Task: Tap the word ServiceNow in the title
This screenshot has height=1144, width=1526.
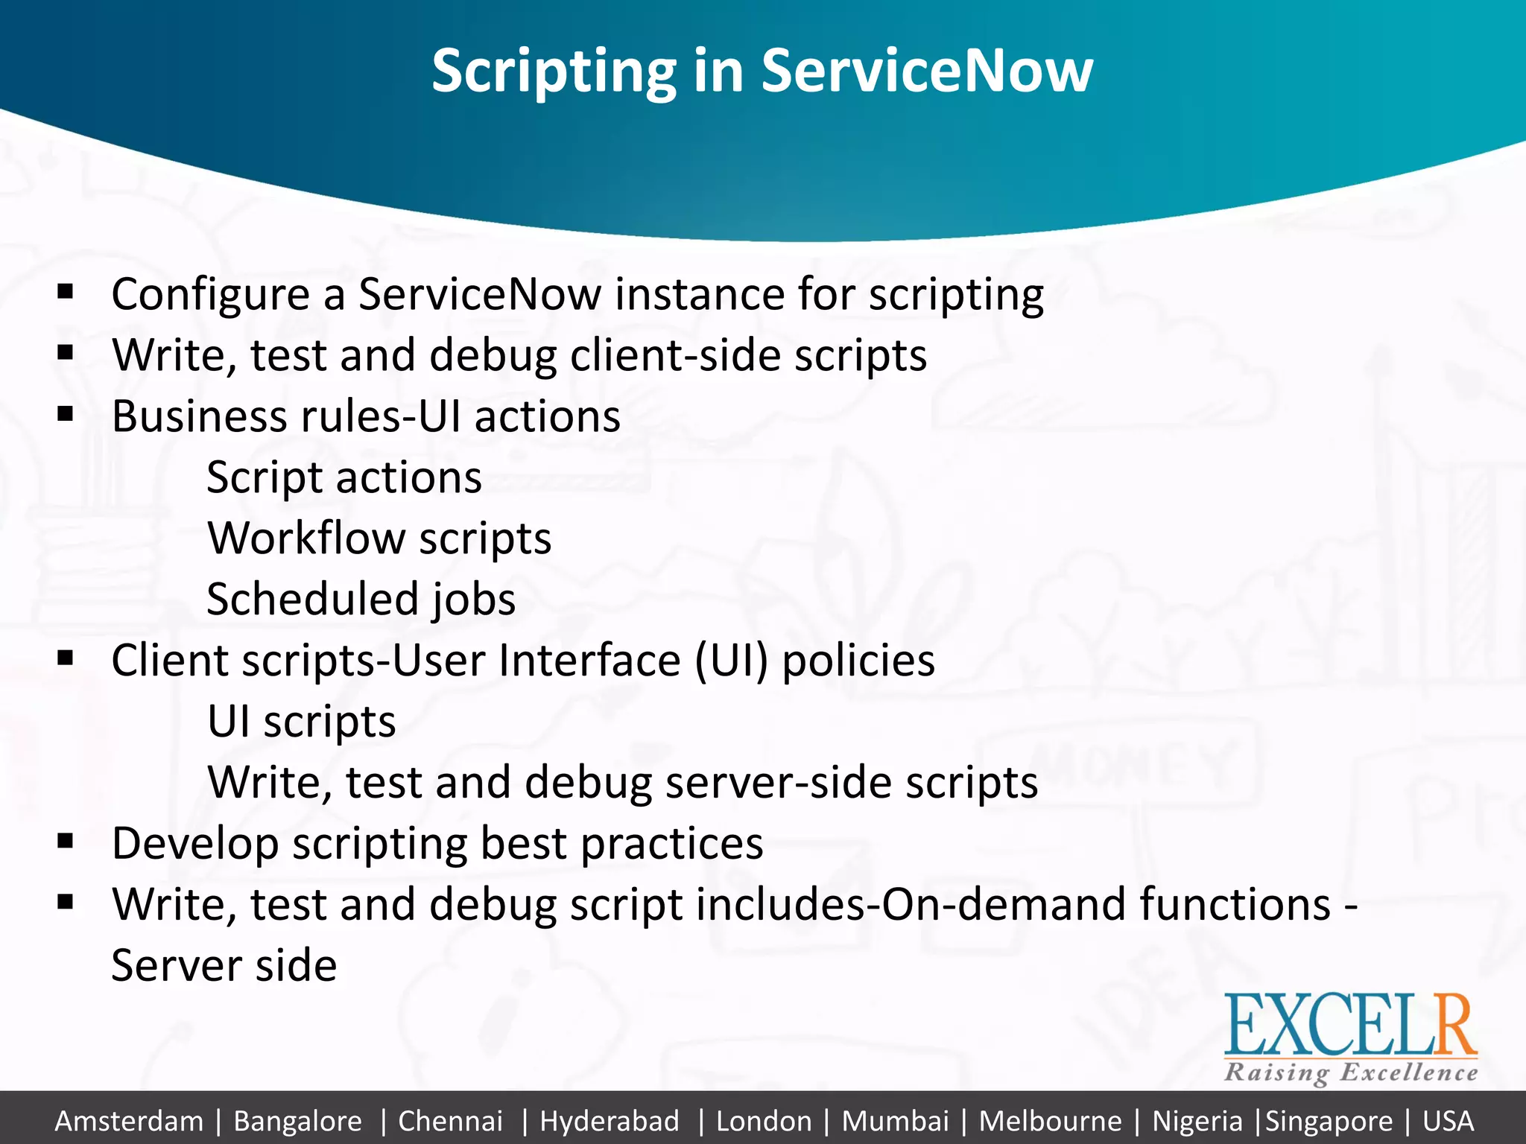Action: tap(927, 71)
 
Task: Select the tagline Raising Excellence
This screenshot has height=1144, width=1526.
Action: tap(1350, 1073)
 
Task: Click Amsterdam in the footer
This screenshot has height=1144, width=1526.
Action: tap(129, 1121)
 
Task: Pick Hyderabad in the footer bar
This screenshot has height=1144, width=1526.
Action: tap(610, 1121)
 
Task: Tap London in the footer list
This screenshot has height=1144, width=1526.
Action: tap(764, 1121)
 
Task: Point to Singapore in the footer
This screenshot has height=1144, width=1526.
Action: tap(1329, 1121)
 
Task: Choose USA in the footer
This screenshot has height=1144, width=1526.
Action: tap(1448, 1121)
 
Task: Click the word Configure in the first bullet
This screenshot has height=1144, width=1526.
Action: tap(210, 295)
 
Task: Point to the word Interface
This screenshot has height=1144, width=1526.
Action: tap(589, 660)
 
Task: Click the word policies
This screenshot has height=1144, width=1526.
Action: tap(858, 661)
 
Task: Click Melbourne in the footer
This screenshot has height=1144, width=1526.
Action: tap(1050, 1121)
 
